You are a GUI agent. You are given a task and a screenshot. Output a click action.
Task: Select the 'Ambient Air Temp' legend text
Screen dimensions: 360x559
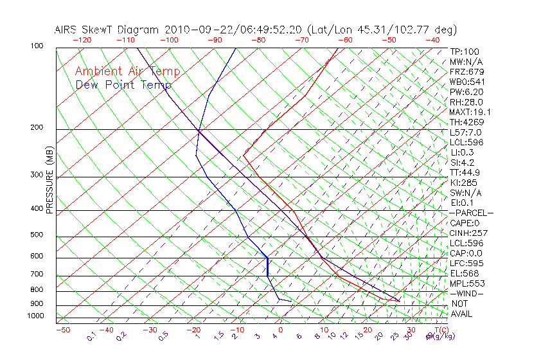(127, 71)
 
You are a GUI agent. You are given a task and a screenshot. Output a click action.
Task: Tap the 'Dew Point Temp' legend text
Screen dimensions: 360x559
(123, 85)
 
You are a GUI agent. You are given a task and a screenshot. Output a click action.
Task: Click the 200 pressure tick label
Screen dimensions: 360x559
(37, 128)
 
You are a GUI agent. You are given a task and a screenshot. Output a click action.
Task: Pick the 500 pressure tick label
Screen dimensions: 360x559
(37, 235)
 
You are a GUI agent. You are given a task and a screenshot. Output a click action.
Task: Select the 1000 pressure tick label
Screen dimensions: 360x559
(35, 316)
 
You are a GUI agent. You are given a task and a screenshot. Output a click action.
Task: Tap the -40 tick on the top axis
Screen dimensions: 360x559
(432, 40)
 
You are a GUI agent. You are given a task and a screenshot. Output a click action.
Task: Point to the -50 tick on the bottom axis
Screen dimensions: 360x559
(62, 330)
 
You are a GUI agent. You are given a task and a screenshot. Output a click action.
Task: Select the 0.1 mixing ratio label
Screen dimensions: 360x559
(91, 336)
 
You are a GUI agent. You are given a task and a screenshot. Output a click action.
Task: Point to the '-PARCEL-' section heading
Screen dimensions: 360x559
(471, 213)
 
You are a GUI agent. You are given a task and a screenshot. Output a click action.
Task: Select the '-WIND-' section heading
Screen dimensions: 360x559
(466, 293)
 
